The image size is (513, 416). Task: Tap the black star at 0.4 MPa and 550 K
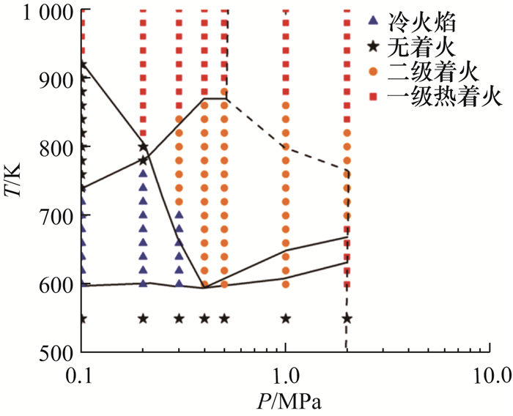point(204,319)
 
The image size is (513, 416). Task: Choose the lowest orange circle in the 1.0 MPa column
point(286,284)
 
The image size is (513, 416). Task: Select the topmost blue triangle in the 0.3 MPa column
point(179,215)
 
